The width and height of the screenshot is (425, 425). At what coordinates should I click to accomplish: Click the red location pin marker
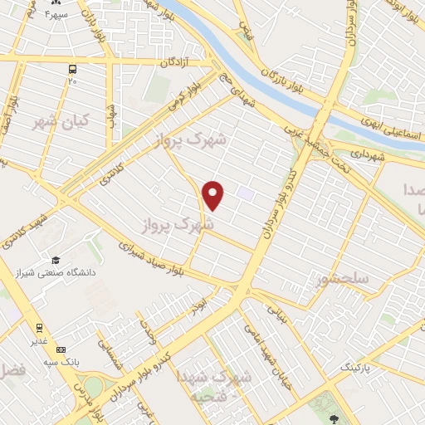pyautogui.click(x=214, y=194)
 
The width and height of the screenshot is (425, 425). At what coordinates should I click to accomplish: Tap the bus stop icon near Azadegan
pyautogui.click(x=72, y=69)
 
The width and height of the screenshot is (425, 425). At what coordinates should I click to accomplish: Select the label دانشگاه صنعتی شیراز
pyautogui.click(x=63, y=272)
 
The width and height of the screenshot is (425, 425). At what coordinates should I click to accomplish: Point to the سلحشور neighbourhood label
pyautogui.click(x=341, y=280)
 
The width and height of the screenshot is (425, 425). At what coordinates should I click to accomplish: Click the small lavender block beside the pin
pyautogui.click(x=245, y=193)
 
